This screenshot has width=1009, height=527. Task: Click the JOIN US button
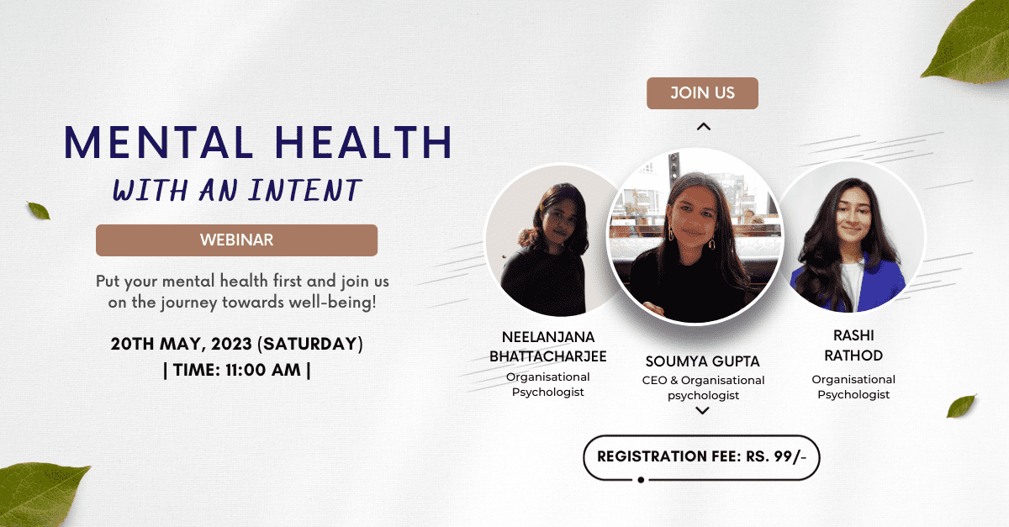pyautogui.click(x=702, y=92)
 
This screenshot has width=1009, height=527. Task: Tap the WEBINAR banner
pyautogui.click(x=236, y=240)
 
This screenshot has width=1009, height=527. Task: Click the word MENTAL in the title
pyautogui.click(x=159, y=142)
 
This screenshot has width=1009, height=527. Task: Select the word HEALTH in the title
pyautogui.click(x=363, y=142)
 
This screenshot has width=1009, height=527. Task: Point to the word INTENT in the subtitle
pyautogui.click(x=305, y=190)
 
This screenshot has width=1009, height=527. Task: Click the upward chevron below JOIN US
pyautogui.click(x=704, y=127)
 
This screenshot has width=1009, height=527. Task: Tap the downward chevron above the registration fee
pyautogui.click(x=702, y=410)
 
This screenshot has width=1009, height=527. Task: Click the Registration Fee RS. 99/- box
pyautogui.click(x=701, y=457)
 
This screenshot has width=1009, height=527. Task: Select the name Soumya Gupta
pyautogui.click(x=702, y=361)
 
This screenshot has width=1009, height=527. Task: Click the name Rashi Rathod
pyautogui.click(x=853, y=345)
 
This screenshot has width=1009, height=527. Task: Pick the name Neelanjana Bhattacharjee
pyautogui.click(x=547, y=346)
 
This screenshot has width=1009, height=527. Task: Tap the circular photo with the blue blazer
pyautogui.click(x=851, y=236)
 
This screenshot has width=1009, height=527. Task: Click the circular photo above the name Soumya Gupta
pyautogui.click(x=695, y=235)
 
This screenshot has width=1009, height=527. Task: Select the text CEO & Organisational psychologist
pyautogui.click(x=703, y=387)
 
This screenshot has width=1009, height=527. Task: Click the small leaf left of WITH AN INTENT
pyautogui.click(x=39, y=211)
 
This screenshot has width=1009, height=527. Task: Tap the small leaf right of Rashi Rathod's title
pyautogui.click(x=961, y=406)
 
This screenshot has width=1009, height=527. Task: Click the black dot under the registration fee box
pyautogui.click(x=641, y=480)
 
